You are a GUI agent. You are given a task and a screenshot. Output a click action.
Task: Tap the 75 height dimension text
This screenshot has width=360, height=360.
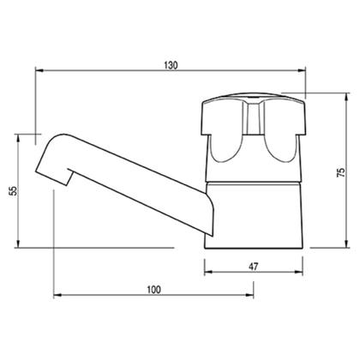click(x=341, y=171)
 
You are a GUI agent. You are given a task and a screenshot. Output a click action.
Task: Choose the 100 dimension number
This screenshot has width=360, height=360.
click(x=153, y=289)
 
